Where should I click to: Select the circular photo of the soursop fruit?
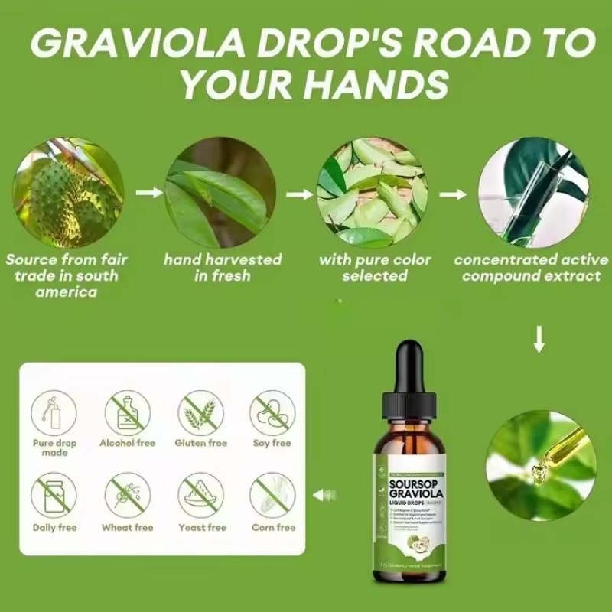67,192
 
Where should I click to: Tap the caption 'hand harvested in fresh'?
223,267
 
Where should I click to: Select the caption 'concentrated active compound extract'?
531,267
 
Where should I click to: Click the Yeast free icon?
201,495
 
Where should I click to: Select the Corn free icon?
272,495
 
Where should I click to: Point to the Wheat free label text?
128,527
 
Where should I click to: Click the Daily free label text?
54,527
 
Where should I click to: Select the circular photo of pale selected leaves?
373,192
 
